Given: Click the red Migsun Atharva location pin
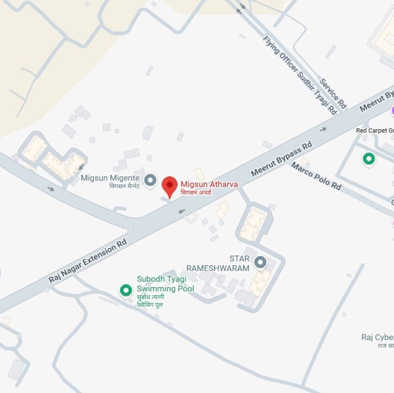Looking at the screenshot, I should pyautogui.click(x=169, y=186).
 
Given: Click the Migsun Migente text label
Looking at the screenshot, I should pyautogui.click(x=110, y=178).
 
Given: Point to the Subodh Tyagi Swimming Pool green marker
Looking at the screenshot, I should pyautogui.click(x=126, y=290).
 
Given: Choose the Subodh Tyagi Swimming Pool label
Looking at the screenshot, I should pyautogui.click(x=165, y=284).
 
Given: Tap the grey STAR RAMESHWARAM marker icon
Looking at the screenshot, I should pyautogui.click(x=261, y=262).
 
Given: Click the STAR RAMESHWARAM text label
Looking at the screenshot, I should pyautogui.click(x=218, y=263).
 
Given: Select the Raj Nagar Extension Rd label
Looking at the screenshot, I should pyautogui.click(x=88, y=260).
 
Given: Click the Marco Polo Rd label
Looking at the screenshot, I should pyautogui.click(x=316, y=176).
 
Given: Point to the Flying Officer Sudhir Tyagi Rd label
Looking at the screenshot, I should pyautogui.click(x=300, y=75).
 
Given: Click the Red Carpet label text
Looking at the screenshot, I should pyautogui.click(x=375, y=130).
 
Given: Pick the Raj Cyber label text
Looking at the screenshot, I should pyautogui.click(x=378, y=337).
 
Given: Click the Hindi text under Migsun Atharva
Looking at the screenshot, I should pyautogui.click(x=196, y=193).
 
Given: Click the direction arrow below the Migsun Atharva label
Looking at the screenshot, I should pyautogui.click(x=181, y=211).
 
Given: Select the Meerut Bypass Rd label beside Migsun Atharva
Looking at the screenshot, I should pyautogui.click(x=281, y=158).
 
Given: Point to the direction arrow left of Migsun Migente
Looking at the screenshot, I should pyautogui.click(x=51, y=188).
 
